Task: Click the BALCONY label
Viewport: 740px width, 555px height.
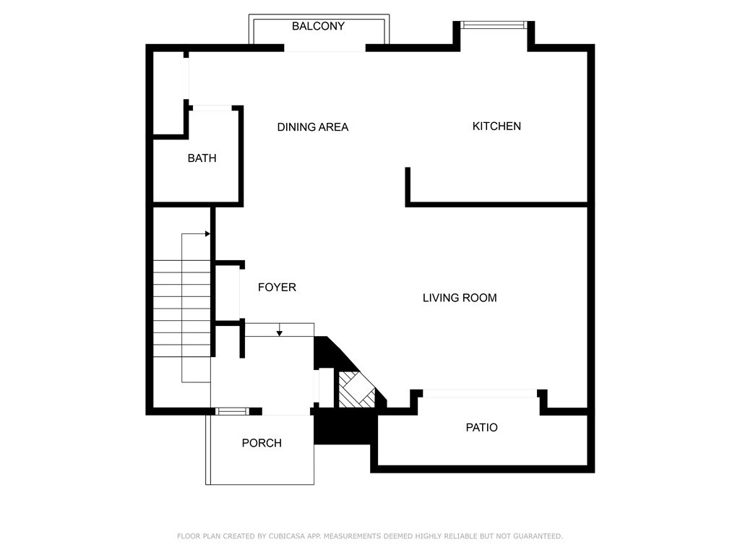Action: (x=318, y=26)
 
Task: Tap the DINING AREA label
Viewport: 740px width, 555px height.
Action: (x=313, y=127)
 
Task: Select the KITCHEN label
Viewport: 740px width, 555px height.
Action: (x=496, y=126)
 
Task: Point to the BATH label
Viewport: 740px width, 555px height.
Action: (x=202, y=158)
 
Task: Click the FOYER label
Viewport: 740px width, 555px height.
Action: (x=277, y=288)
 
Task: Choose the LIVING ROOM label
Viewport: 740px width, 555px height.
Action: (x=460, y=298)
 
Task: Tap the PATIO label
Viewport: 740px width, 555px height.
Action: (x=481, y=428)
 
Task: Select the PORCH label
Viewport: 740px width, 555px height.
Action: (x=262, y=443)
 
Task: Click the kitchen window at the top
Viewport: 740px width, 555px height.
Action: (x=494, y=25)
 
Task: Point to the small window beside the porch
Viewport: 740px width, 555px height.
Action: (x=232, y=411)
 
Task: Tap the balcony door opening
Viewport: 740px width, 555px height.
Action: (x=324, y=48)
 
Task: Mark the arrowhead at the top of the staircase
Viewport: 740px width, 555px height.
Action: (x=207, y=234)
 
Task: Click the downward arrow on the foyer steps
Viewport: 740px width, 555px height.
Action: (x=280, y=332)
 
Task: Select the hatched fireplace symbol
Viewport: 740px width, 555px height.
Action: (x=358, y=390)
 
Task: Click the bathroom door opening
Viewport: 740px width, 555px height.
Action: (x=212, y=108)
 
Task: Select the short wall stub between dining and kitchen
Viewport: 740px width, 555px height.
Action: (x=408, y=185)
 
